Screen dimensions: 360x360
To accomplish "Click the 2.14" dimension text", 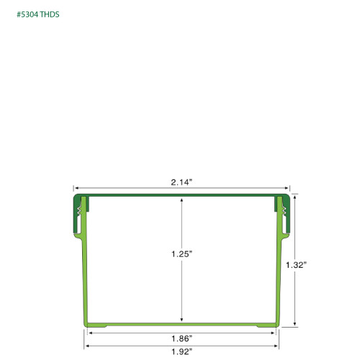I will point(181,183).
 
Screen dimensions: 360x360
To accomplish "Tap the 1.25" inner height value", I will point(181,254).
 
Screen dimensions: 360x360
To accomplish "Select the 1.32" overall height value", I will point(296,264).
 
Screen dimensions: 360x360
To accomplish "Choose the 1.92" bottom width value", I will point(181,353).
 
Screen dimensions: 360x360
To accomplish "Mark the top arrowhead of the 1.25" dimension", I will point(181,199).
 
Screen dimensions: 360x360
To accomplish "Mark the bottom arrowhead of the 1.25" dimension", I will point(181,320).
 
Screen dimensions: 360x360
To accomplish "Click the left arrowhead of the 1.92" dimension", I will point(86,346).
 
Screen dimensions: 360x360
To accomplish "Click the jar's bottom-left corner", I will point(86,325).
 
